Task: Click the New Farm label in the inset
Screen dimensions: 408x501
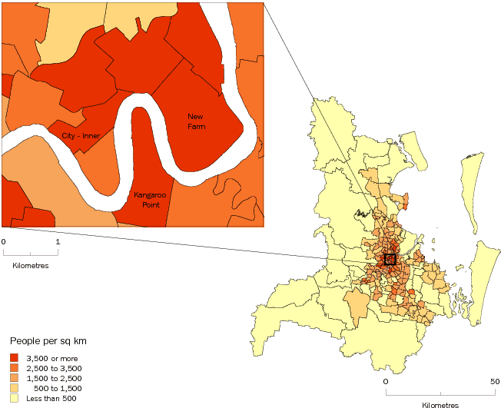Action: pyautogui.click(x=197, y=121)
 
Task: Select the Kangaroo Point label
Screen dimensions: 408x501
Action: pyautogui.click(x=150, y=201)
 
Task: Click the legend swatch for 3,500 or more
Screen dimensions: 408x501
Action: pyautogui.click(x=15, y=358)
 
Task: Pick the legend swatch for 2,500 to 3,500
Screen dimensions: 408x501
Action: pyautogui.click(x=15, y=368)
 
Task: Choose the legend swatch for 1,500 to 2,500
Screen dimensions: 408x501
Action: pyautogui.click(x=15, y=378)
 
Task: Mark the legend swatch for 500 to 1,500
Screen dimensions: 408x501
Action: pyautogui.click(x=15, y=388)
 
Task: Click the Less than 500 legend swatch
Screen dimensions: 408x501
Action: pyautogui.click(x=15, y=398)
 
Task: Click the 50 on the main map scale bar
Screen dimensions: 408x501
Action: pyautogui.click(x=494, y=381)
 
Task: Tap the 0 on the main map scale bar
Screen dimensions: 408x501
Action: pyautogui.click(x=386, y=381)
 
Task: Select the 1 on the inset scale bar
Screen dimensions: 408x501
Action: pyautogui.click(x=58, y=241)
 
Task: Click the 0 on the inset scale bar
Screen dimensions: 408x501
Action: pyautogui.click(x=4, y=241)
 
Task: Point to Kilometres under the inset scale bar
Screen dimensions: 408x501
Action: pyautogui.click(x=31, y=265)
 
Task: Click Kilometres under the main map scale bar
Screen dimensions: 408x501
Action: pyautogui.click(x=440, y=404)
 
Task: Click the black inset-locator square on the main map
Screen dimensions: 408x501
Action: pyautogui.click(x=390, y=260)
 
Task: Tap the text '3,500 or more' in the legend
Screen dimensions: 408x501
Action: pyautogui.click(x=54, y=358)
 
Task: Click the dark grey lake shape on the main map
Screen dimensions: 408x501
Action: pyautogui.click(x=359, y=212)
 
